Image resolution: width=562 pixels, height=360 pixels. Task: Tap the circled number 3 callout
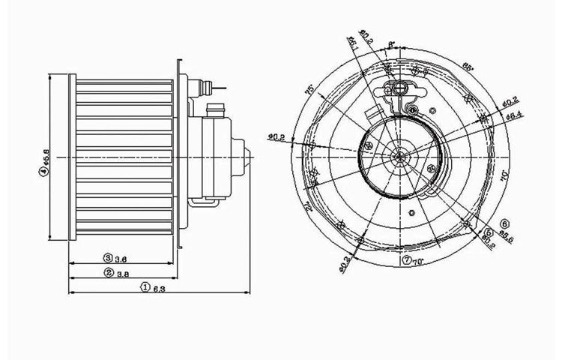tap(108, 257)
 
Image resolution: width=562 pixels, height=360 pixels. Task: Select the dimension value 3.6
tap(121, 257)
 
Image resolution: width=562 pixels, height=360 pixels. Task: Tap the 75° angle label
tap(308, 88)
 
